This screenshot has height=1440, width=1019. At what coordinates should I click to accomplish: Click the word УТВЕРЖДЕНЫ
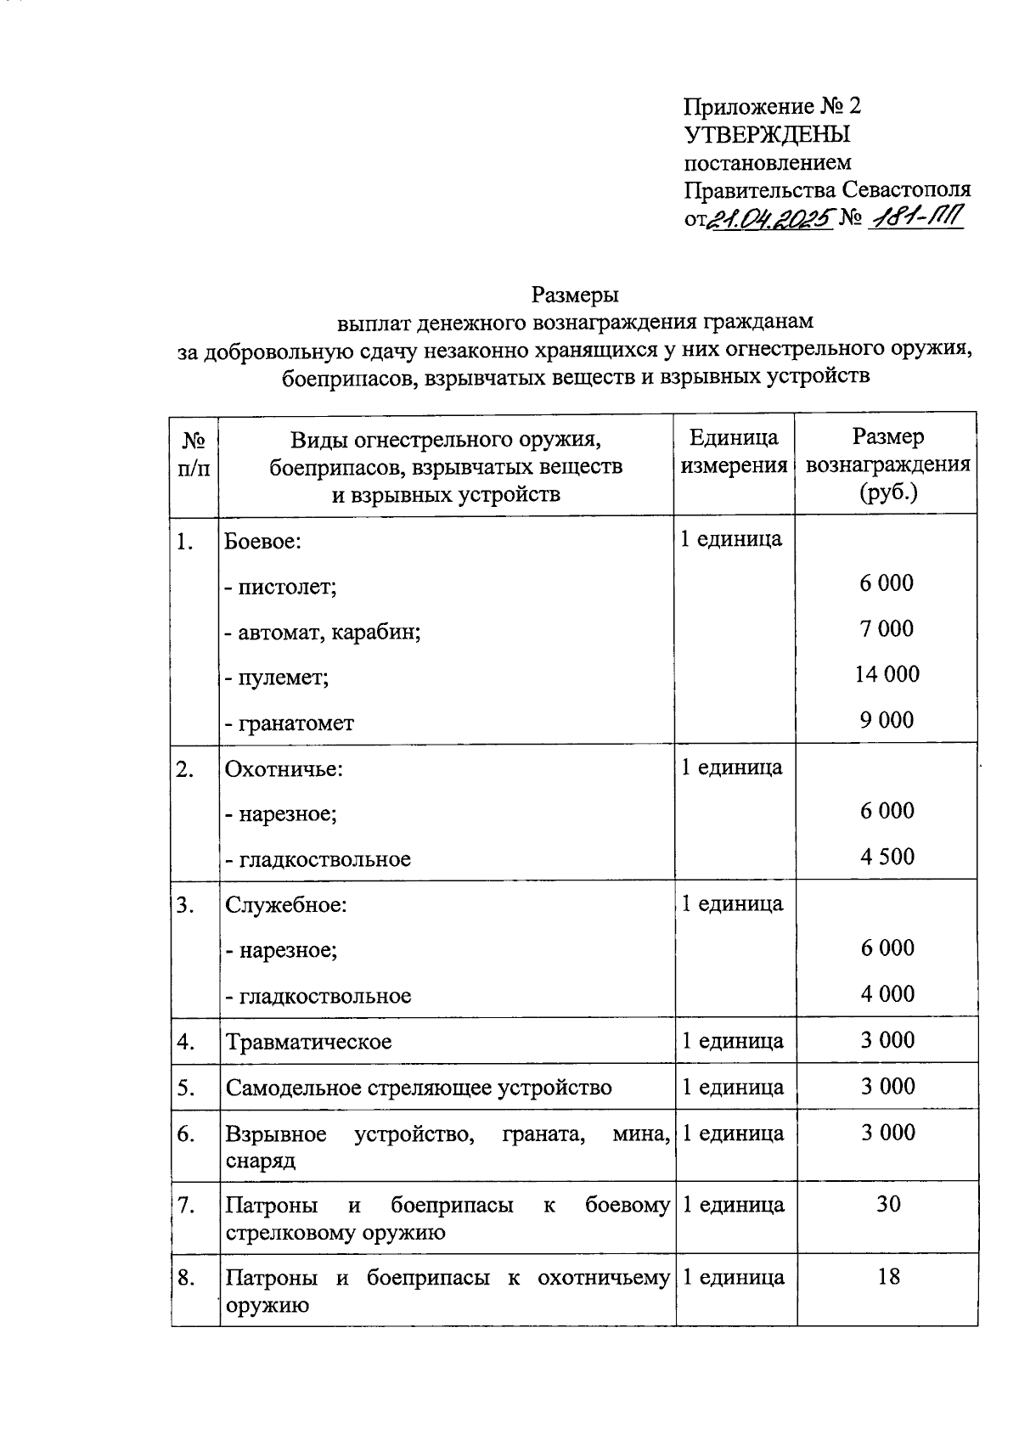click(767, 134)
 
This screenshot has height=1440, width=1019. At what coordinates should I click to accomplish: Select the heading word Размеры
click(575, 295)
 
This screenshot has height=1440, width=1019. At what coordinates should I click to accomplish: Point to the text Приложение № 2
click(772, 106)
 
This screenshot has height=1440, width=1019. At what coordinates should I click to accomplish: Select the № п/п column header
click(194, 453)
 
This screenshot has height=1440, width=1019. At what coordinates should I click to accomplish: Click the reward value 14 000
click(887, 674)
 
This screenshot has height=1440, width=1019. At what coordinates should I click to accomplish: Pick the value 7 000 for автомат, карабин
click(887, 628)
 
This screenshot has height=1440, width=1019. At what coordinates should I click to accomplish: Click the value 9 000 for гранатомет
click(887, 720)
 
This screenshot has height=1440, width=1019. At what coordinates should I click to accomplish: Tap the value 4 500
click(887, 856)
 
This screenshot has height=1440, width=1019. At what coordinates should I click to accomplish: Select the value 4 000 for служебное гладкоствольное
click(887, 993)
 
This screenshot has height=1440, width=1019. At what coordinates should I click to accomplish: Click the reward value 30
click(888, 1204)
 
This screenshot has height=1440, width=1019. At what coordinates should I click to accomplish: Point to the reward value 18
click(888, 1276)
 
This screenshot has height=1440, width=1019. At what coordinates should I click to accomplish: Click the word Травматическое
click(308, 1041)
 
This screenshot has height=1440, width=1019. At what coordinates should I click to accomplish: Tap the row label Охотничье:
click(284, 769)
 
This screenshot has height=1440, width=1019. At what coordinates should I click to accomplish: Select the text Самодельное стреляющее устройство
click(418, 1088)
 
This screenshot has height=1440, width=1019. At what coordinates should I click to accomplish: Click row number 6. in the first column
click(186, 1133)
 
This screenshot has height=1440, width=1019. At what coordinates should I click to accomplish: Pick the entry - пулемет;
click(277, 678)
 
